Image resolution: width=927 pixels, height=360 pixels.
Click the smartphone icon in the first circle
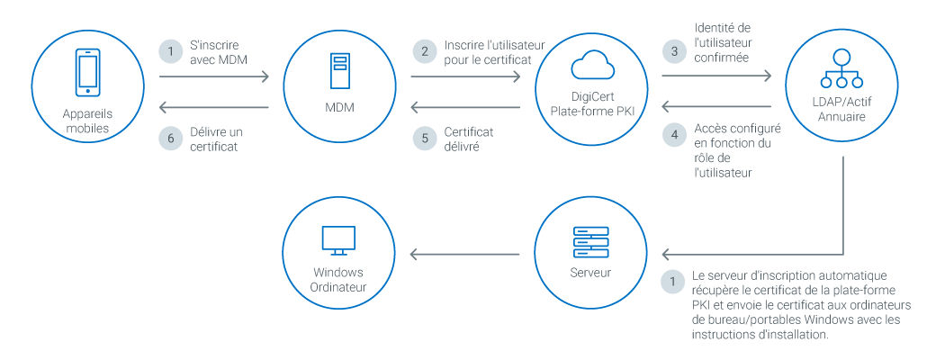click(x=86, y=72)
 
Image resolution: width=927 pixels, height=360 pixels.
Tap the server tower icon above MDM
click(x=339, y=72)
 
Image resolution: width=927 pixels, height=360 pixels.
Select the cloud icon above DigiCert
click(x=591, y=67)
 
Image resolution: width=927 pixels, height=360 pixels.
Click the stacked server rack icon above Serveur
click(x=590, y=242)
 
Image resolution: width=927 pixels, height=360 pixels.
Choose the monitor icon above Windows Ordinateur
click(x=338, y=240)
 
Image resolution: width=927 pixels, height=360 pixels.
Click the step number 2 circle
click(x=423, y=50)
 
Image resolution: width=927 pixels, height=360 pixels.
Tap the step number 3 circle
click(x=674, y=50)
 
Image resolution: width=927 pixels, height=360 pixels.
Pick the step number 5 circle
click(x=423, y=137)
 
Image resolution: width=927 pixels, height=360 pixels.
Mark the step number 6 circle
click(x=171, y=137)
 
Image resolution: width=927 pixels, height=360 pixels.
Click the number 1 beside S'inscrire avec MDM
click(x=171, y=50)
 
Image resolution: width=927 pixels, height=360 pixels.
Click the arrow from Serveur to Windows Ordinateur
click(x=464, y=255)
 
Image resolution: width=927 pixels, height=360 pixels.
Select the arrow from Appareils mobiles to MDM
click(x=214, y=78)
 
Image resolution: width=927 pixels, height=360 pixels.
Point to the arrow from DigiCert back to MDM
click(x=464, y=108)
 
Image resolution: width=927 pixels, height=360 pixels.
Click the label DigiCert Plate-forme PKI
click(x=591, y=103)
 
